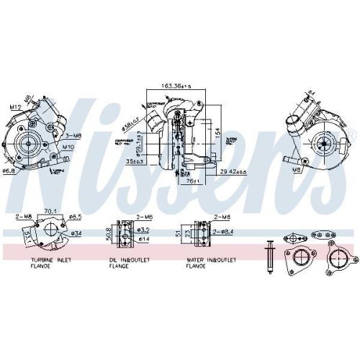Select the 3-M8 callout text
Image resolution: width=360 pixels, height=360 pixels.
[x=76, y=135]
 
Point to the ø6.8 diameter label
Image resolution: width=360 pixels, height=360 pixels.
[x=9, y=171]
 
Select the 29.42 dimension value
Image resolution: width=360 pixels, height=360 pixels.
[x=234, y=171]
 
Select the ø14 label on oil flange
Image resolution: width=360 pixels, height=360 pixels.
[x=143, y=238]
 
